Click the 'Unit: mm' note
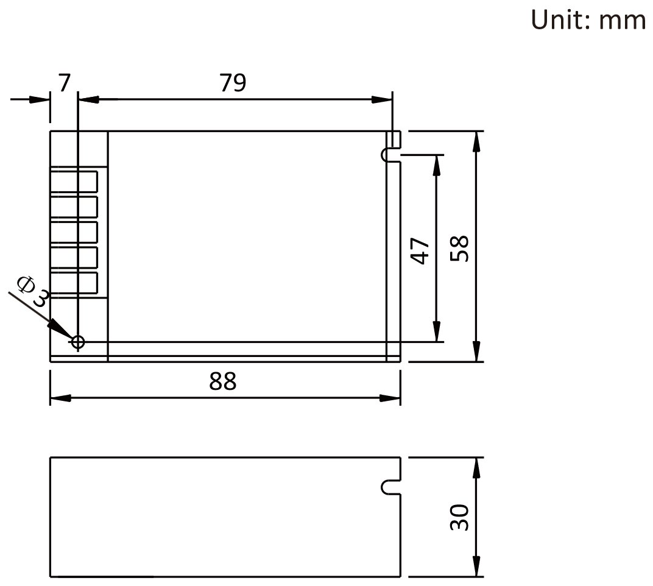tap(588, 19)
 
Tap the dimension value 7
tap(64, 82)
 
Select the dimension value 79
tap(233, 82)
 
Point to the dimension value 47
tap(420, 251)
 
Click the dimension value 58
tap(460, 249)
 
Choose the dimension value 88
tap(223, 381)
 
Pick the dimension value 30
tap(460, 517)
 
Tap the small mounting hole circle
tap(78, 342)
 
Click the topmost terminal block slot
tap(74, 182)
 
